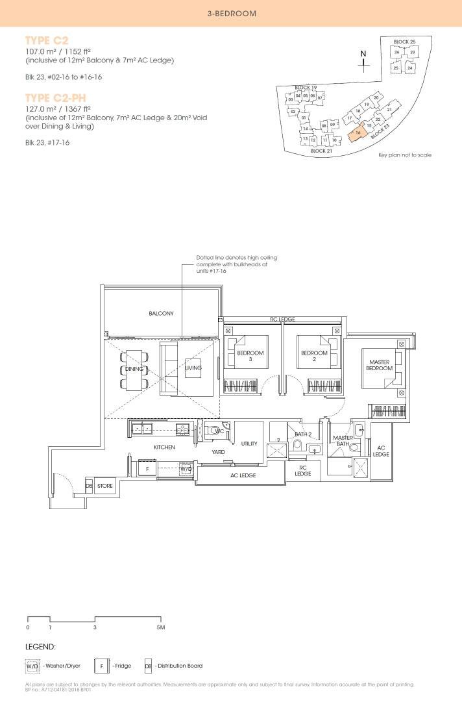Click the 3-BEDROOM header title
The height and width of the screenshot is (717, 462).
coord(231,13)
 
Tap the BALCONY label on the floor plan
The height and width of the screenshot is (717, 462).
coord(161,313)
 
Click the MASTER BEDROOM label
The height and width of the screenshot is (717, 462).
coord(380,365)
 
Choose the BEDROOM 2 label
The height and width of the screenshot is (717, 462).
coord(313,356)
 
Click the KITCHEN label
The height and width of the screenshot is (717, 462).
coord(164,447)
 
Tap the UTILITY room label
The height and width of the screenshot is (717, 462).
coord(249,444)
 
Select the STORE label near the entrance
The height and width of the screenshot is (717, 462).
coord(105,485)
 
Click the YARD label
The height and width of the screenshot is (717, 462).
coord(219,451)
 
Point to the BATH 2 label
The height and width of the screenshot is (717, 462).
coord(304,434)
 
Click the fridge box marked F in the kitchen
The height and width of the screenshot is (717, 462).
coord(147,468)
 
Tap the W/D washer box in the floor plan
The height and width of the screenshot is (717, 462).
coord(186,468)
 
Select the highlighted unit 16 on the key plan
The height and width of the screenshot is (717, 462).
coord(358,132)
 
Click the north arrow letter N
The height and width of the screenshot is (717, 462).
coord(363,54)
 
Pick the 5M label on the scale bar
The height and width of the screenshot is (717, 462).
coord(161,627)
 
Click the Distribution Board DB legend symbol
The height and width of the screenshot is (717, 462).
coord(148,666)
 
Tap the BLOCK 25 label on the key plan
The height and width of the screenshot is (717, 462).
coord(404,42)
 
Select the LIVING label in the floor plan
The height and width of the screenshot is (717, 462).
coord(193,368)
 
